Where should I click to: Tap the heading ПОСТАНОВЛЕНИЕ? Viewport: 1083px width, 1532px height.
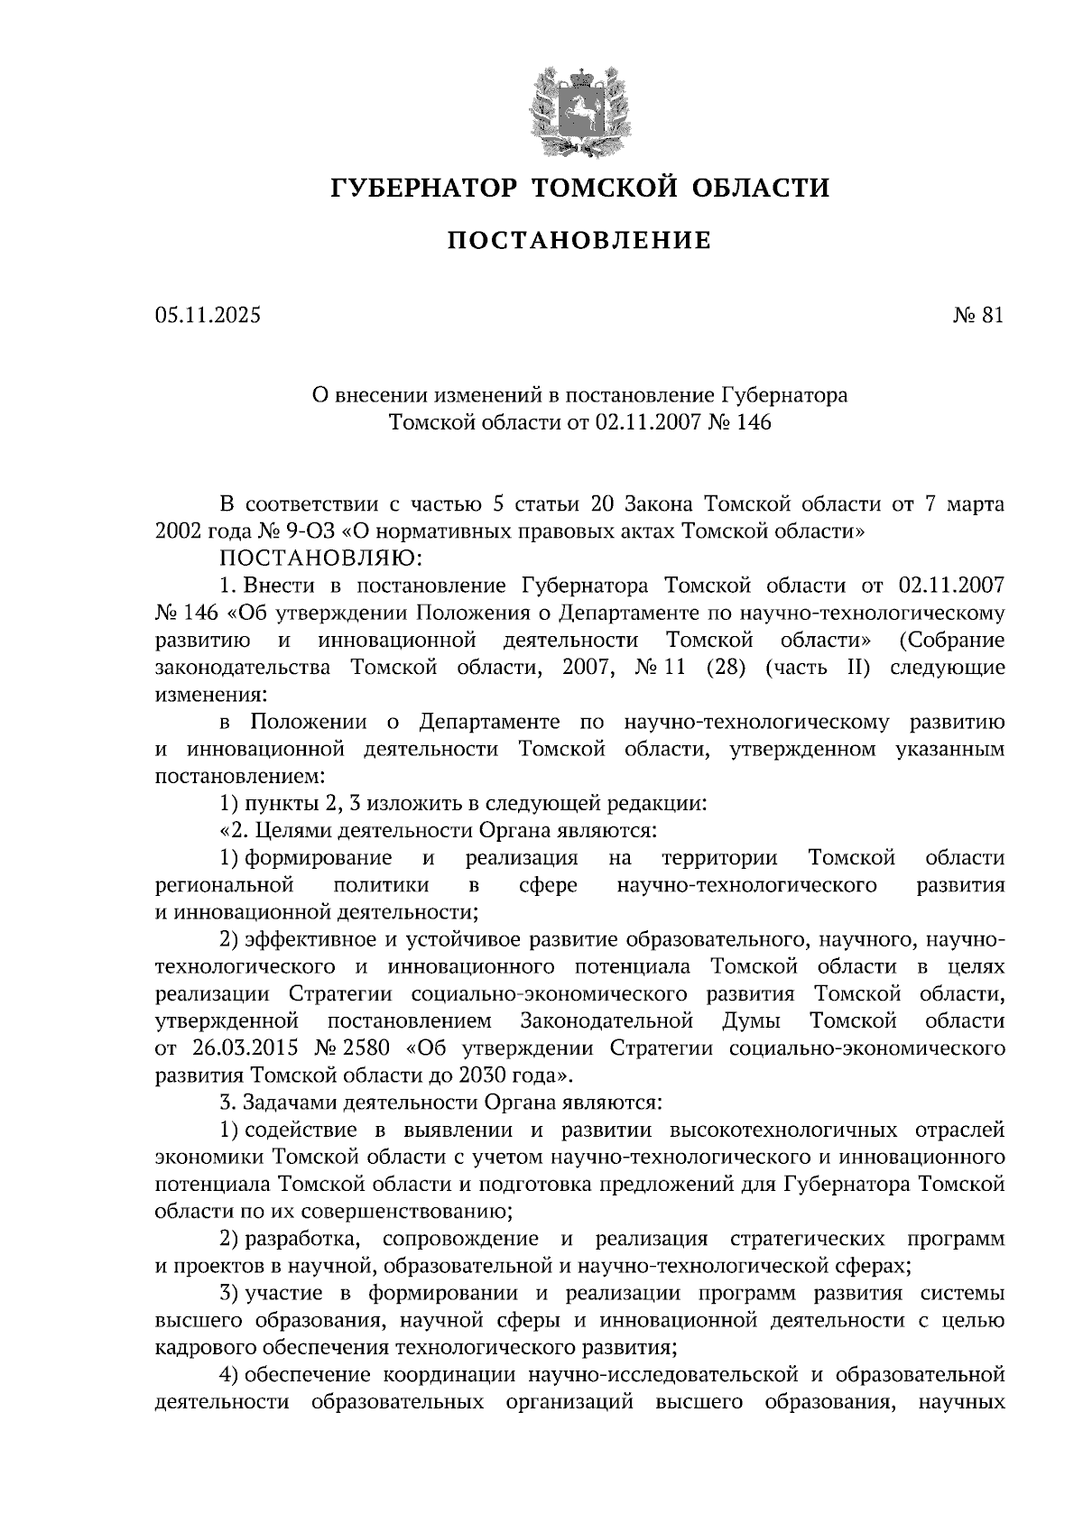(580, 241)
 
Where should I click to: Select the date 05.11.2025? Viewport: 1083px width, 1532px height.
(207, 316)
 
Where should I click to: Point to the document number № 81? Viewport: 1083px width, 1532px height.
(977, 316)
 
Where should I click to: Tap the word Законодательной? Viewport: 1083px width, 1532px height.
(607, 1021)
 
